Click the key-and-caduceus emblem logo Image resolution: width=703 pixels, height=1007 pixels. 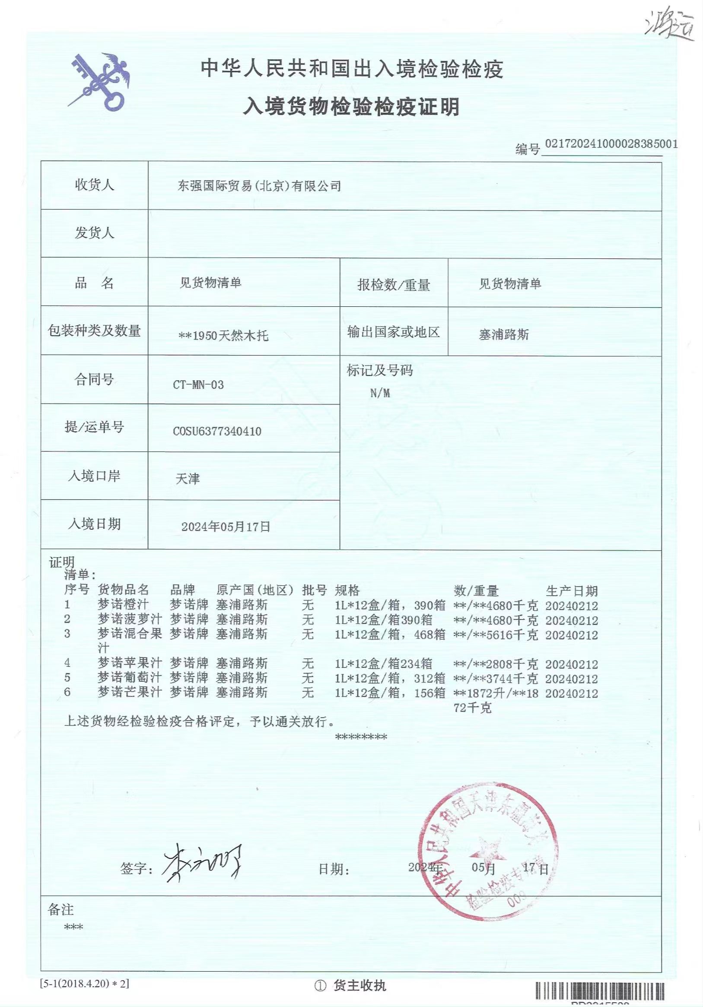99,82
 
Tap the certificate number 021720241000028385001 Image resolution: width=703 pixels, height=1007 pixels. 611,144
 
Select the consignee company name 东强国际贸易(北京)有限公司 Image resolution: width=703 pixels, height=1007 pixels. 259,186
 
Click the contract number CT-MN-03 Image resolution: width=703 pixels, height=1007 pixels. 198,385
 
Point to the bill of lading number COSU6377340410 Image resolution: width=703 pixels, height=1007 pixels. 217,431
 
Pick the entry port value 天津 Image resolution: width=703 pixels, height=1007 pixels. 188,479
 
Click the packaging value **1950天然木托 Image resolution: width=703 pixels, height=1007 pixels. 224,336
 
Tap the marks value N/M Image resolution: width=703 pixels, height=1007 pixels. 380,393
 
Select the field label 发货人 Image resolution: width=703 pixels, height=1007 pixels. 94,233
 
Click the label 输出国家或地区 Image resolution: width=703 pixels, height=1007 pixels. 393,332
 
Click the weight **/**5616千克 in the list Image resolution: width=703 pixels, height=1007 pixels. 496,635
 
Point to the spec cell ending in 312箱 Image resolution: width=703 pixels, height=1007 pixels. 390,679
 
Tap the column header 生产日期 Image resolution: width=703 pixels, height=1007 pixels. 572,591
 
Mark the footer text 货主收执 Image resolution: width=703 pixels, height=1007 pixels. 359,985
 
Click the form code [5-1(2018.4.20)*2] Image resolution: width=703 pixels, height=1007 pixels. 85,984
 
